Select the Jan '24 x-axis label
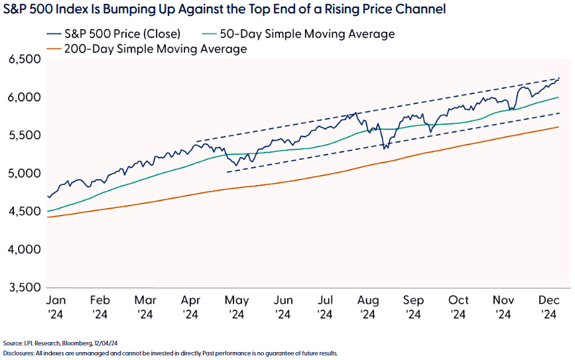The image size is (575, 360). pyautogui.click(x=55, y=306)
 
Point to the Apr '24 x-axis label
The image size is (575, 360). pyautogui.click(x=190, y=306)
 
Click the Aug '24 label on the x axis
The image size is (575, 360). pyautogui.click(x=369, y=306)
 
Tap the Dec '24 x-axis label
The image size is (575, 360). pyautogui.click(x=548, y=306)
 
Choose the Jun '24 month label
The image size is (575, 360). pyautogui.click(x=281, y=306)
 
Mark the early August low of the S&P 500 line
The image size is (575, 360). pyautogui.click(x=385, y=149)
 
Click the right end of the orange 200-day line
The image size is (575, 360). pyautogui.click(x=558, y=127)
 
